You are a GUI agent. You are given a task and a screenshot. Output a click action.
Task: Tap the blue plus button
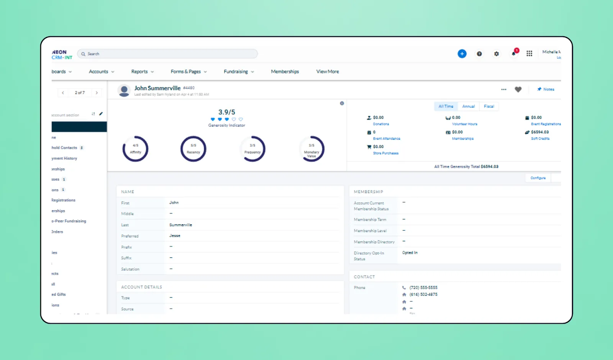pos(462,54)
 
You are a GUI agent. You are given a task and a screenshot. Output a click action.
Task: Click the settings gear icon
pos(497,54)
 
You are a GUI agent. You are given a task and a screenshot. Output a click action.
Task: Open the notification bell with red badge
pos(514,54)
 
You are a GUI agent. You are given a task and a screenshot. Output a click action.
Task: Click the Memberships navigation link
pos(285,72)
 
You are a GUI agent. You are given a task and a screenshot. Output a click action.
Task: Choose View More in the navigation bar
pos(328,72)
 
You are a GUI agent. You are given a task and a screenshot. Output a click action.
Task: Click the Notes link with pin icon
pos(546,89)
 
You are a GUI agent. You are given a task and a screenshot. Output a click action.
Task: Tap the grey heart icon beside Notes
pos(518,89)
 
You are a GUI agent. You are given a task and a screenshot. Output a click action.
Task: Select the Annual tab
pos(468,106)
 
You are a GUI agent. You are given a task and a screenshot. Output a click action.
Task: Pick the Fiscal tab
pos(489,106)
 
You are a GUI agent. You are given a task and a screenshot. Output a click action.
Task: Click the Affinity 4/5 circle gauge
pos(135,149)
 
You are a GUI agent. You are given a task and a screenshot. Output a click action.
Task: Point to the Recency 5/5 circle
pos(193,149)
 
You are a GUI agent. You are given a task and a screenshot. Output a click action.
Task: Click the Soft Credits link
pos(540,139)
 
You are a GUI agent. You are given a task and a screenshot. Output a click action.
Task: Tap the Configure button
pos(538,178)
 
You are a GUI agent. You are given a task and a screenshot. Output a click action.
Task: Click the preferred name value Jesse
pos(175,236)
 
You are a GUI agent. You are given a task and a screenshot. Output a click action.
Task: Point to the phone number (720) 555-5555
pos(423,288)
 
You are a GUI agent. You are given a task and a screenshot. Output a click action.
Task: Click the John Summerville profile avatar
pos(124,90)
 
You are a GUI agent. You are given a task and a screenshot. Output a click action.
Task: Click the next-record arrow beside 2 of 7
pos(97,93)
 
